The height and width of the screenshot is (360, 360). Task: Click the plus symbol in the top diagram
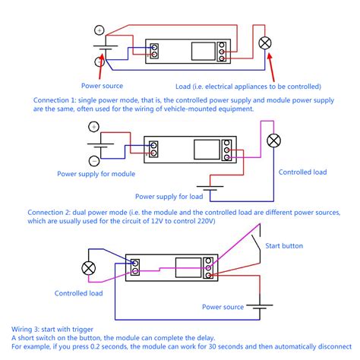pos(99,30)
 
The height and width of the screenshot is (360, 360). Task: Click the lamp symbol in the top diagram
pos(265,43)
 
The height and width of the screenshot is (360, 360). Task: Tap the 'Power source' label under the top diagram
pos(102,86)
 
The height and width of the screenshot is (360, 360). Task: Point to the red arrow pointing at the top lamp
pos(271,67)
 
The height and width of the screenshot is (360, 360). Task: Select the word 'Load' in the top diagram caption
pos(183,87)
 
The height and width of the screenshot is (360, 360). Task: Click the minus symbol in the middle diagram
pos(94,161)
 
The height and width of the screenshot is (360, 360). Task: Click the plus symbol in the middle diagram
pos(93,127)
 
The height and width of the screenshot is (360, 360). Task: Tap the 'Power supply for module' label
pos(96,174)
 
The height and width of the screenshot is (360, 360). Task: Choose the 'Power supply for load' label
pos(169,197)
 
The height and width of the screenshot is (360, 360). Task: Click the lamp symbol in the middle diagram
pos(273,141)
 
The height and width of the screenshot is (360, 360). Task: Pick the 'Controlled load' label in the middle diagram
pos(302,172)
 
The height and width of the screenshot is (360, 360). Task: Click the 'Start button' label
pos(284,246)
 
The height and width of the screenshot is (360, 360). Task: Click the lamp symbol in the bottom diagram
pos(89,268)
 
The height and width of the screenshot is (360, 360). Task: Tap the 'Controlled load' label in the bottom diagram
pos(78,293)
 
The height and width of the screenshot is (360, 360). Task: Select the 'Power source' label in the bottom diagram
pos(223,307)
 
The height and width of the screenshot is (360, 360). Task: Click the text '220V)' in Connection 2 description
pos(206,221)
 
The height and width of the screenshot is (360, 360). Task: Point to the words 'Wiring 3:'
pos(25,330)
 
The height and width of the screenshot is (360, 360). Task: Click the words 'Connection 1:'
pos(55,100)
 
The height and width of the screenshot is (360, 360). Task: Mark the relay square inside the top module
pos(204,52)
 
